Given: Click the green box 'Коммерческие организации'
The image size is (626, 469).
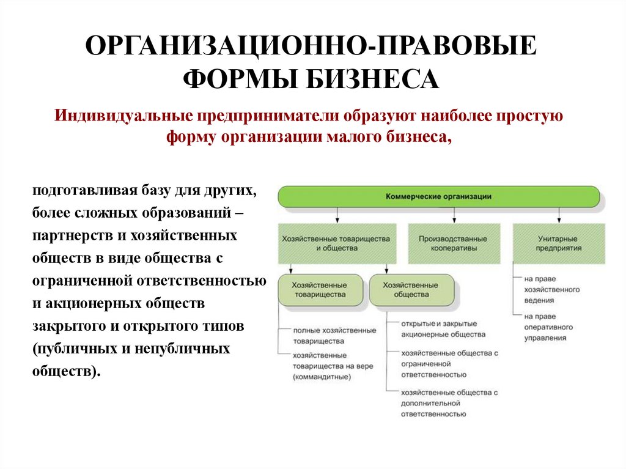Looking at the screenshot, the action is pyautogui.click(x=439, y=197).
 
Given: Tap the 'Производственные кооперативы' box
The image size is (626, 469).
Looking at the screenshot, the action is pyautogui.click(x=454, y=243).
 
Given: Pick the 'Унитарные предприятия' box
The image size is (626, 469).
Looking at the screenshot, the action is pyautogui.click(x=559, y=243).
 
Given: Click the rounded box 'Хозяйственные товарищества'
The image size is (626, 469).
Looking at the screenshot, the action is pyautogui.click(x=319, y=290).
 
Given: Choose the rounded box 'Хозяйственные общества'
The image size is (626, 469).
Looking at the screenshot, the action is pyautogui.click(x=411, y=290).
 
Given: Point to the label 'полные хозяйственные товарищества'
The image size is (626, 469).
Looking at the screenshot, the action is pyautogui.click(x=334, y=336).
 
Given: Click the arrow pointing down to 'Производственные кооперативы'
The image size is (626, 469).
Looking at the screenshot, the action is pyautogui.click(x=454, y=216).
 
